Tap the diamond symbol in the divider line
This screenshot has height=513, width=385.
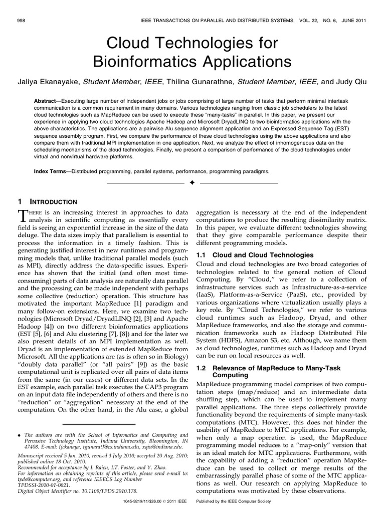pos(192,183)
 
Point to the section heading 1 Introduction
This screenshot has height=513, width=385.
pos(47,201)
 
